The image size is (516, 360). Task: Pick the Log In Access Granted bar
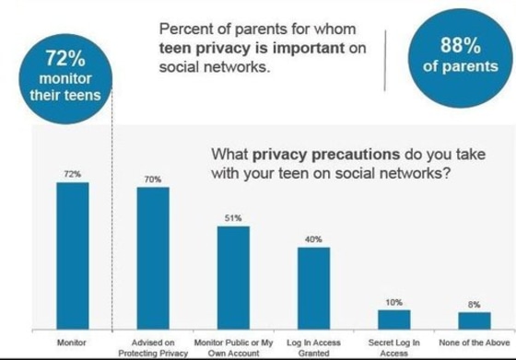click(313, 286)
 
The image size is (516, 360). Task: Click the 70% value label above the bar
click(153, 179)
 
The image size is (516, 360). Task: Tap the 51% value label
click(233, 218)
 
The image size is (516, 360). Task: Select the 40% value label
click(313, 239)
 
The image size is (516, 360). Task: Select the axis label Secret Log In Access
click(393, 347)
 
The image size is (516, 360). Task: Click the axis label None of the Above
click(474, 343)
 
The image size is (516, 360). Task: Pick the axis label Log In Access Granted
click(313, 347)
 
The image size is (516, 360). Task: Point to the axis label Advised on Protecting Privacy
click(153, 347)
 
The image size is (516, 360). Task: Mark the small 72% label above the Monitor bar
click(72, 173)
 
